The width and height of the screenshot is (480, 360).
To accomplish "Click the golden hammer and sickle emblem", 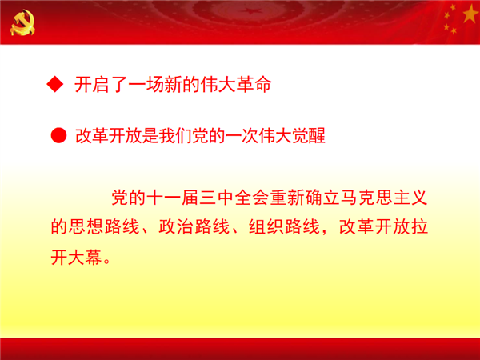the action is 22,22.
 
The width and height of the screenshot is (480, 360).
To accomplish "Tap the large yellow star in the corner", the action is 470,13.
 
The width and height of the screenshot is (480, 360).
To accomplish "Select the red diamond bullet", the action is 55,84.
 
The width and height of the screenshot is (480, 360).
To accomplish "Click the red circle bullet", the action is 58,135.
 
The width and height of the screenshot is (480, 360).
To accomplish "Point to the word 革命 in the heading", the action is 254,84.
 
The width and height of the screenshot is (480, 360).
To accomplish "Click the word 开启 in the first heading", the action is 92,85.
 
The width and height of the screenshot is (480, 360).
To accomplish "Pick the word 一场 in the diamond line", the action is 146,85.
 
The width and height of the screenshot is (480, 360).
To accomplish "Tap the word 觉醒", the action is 308,136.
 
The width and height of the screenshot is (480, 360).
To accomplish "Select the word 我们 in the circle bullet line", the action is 175,136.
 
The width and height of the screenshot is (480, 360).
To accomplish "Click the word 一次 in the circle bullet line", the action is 242,136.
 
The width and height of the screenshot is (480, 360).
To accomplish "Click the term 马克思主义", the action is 384,198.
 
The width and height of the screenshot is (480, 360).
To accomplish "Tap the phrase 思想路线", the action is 104,226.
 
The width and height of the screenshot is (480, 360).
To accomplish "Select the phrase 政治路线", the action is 194,226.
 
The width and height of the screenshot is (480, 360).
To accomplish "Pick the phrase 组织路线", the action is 284,226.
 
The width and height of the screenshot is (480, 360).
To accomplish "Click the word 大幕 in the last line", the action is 85,257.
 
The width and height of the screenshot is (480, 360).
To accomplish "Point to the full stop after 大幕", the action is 107,261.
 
